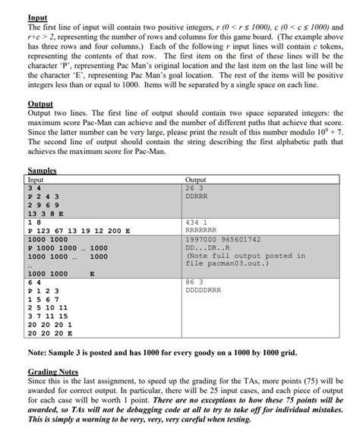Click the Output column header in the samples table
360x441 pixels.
[x=196, y=180]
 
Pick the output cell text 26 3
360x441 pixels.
[x=194, y=187]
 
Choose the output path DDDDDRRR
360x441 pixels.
[x=204, y=290]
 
